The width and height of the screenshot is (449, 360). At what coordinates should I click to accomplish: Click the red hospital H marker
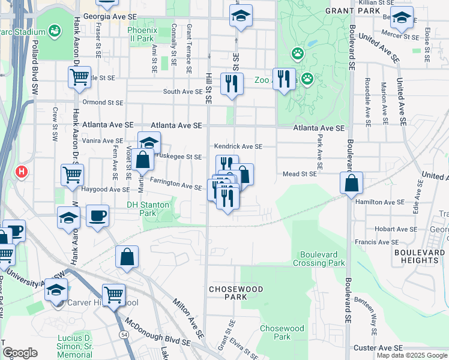[x=22, y=172]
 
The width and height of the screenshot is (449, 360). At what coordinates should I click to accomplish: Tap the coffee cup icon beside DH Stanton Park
[x=97, y=215]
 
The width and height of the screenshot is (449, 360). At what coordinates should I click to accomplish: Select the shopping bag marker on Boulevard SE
[x=352, y=182]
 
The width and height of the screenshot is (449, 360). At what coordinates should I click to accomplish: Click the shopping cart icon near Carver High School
[x=113, y=295]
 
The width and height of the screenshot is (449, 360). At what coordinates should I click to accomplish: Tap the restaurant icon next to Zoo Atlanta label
[x=285, y=79]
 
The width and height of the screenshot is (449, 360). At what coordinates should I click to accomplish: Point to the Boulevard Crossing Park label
[x=319, y=259]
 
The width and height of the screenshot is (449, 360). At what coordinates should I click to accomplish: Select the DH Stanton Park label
[x=148, y=208]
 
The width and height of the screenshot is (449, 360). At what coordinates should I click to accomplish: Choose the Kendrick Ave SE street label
[x=239, y=146]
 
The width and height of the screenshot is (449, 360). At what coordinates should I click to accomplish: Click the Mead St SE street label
[x=300, y=174]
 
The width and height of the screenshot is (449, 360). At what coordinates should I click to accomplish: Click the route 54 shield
[x=123, y=333]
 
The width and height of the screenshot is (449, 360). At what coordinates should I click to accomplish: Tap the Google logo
[x=20, y=353]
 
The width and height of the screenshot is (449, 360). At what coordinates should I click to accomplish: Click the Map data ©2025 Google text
[x=412, y=355]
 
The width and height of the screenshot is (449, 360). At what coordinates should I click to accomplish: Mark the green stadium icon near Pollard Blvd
[x=55, y=30]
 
